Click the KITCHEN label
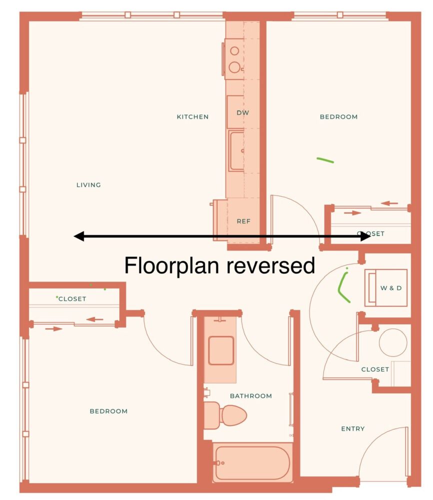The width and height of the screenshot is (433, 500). pyautogui.click(x=192, y=116)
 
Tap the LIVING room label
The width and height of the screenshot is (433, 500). pyautogui.click(x=88, y=185)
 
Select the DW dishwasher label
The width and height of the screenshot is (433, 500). pyautogui.click(x=242, y=112)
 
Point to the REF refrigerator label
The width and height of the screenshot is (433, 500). pyautogui.click(x=243, y=221)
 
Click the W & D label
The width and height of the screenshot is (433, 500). pyautogui.click(x=391, y=288)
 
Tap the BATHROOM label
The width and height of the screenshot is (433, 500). pyautogui.click(x=251, y=396)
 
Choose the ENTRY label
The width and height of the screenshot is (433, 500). pyautogui.click(x=353, y=429)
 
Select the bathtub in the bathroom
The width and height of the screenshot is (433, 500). pyautogui.click(x=252, y=462)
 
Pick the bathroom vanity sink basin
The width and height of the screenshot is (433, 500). pyautogui.click(x=221, y=350)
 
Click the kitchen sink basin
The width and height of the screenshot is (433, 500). pyautogui.click(x=236, y=151)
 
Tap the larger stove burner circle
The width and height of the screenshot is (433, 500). pyautogui.click(x=234, y=67)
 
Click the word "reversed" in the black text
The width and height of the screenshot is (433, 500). pyautogui.click(x=270, y=265)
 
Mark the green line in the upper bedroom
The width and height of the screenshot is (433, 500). pyautogui.click(x=325, y=160)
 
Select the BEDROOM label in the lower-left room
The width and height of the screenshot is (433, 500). pyautogui.click(x=108, y=411)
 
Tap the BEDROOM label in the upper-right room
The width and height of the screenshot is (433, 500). pyautogui.click(x=338, y=116)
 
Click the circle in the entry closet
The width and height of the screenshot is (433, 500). pyautogui.click(x=393, y=342)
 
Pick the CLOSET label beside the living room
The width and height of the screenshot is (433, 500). pyautogui.click(x=72, y=299)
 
